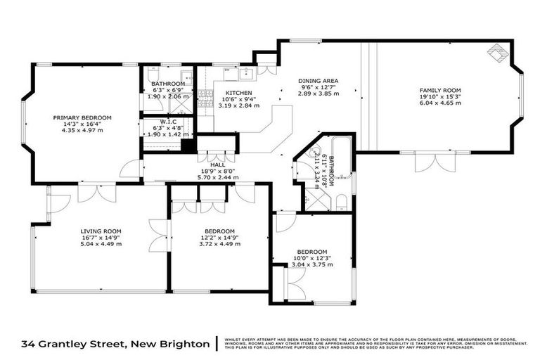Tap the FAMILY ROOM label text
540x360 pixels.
439,91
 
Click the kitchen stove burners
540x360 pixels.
205,98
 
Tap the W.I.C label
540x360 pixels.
167,121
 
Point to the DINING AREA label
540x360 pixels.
313,81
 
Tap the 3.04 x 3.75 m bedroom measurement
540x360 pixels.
311,265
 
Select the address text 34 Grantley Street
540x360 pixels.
115,344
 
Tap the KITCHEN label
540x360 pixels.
238,93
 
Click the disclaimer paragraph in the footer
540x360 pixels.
375,343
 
